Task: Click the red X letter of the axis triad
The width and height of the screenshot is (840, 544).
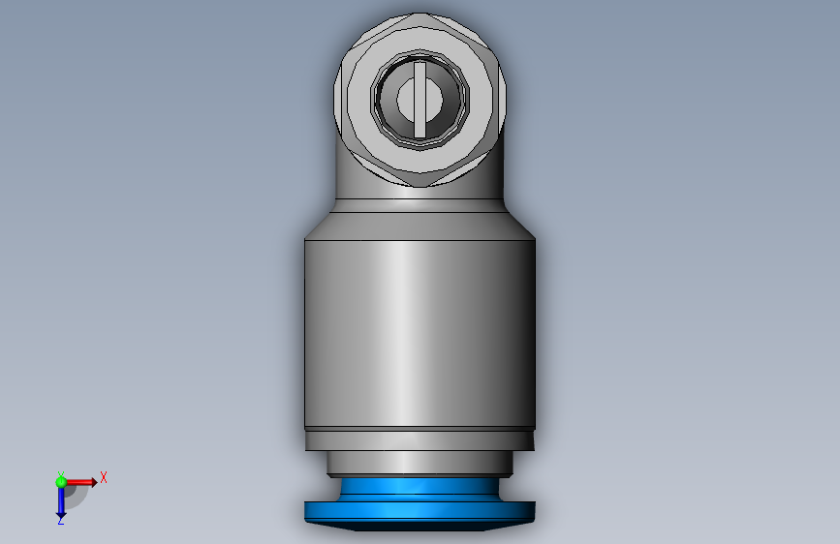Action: click(x=104, y=477)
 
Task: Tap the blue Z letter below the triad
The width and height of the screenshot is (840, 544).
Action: click(x=60, y=520)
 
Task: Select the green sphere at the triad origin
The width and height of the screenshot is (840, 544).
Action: click(x=61, y=482)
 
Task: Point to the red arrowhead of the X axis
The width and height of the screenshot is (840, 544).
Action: click(x=94, y=482)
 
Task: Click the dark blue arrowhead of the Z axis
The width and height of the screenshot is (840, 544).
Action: click(x=61, y=516)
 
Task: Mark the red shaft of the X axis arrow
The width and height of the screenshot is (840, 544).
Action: click(x=78, y=482)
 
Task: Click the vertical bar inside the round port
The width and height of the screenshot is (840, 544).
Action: click(x=420, y=100)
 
